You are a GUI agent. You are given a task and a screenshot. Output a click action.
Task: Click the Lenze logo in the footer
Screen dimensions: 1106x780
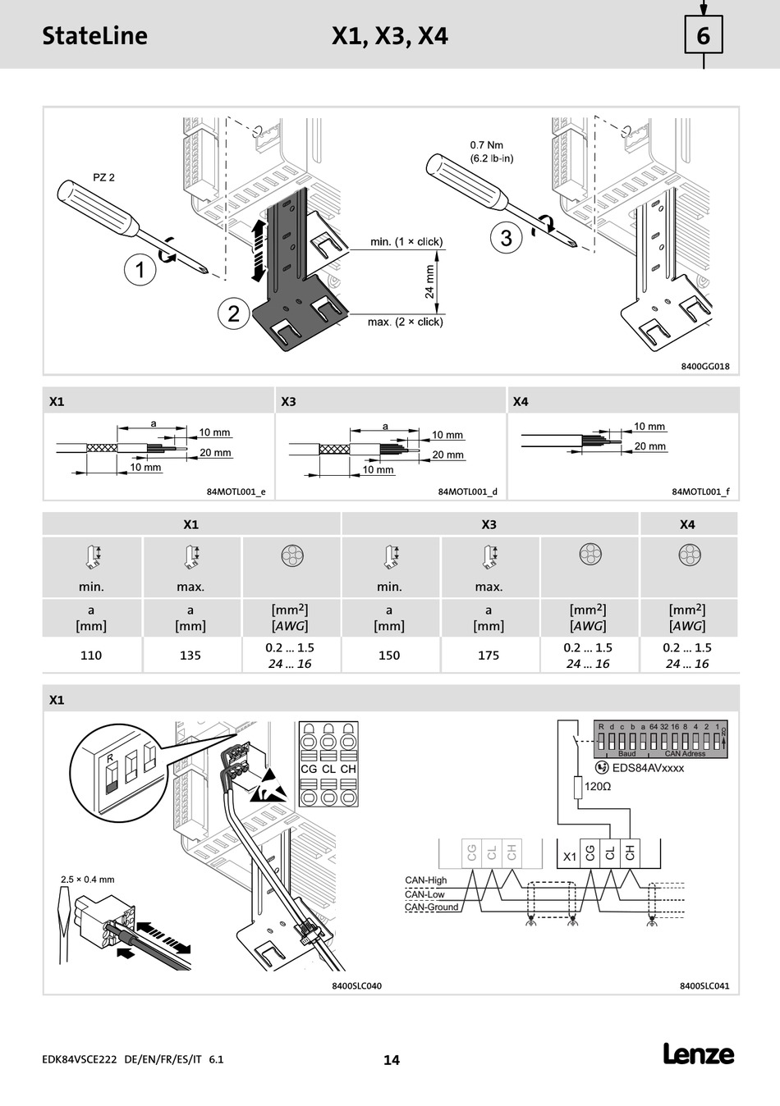[699, 1054]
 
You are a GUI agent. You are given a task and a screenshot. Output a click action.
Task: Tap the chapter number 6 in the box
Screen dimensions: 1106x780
[704, 36]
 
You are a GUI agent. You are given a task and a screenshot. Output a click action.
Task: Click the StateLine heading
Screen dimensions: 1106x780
[95, 36]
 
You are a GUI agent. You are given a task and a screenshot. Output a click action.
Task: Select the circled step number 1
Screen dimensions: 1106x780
[140, 269]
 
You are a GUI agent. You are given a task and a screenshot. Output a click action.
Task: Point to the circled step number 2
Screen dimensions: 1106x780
[234, 313]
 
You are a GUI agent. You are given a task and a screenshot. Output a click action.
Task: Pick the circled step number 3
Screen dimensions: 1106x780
[506, 238]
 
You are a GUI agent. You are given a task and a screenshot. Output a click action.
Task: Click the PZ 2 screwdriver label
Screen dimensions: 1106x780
[104, 177]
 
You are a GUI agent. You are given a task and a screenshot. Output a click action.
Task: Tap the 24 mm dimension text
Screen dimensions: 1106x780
[429, 281]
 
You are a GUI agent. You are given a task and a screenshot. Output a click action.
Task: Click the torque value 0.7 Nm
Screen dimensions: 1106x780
[487, 145]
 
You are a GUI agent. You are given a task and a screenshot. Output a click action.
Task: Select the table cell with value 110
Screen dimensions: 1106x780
[91, 656]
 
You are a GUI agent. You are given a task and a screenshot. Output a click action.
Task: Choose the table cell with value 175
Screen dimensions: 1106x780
[489, 656]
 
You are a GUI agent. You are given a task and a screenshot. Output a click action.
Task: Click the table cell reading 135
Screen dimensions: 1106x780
[190, 656]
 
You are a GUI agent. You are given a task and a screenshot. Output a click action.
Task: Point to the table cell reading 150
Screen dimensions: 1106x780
[389, 656]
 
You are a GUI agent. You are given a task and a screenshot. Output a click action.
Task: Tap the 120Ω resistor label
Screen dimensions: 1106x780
[598, 786]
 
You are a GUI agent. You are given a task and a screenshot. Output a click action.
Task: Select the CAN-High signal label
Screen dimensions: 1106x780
[426, 880]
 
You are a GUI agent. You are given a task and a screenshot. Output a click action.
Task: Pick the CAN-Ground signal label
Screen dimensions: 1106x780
[432, 907]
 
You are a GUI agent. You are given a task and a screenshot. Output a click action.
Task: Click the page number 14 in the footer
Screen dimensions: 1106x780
[392, 1060]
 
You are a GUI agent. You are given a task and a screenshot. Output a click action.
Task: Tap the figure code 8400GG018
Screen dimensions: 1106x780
[704, 367]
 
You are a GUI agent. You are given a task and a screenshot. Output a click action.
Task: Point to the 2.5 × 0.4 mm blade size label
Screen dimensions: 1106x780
[88, 880]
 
